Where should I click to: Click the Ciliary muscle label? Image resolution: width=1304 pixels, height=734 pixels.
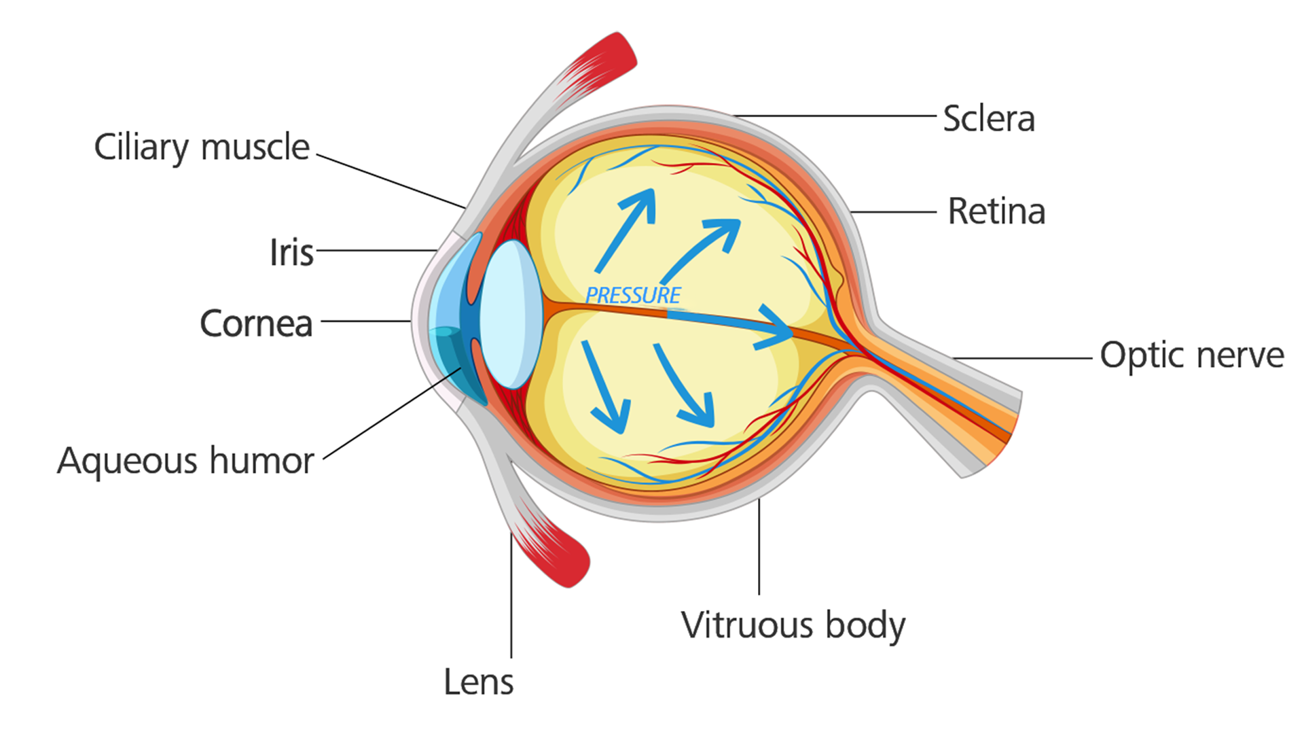(x=202, y=147)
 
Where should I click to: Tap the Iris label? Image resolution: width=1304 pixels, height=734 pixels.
(x=291, y=253)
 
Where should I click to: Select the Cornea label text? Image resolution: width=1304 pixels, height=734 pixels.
(x=256, y=324)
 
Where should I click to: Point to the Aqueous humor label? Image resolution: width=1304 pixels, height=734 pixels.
(x=185, y=461)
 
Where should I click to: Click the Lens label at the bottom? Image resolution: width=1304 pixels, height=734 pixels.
(x=478, y=682)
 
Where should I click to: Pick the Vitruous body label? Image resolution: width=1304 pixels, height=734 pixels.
(x=793, y=625)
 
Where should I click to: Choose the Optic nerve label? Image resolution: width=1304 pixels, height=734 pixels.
(x=1192, y=355)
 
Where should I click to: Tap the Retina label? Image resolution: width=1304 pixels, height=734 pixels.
(x=996, y=211)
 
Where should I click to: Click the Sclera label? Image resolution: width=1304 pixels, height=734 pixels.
(x=989, y=119)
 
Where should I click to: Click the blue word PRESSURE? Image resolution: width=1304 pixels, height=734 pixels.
(x=633, y=296)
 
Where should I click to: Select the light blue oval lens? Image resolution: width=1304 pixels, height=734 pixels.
(x=511, y=314)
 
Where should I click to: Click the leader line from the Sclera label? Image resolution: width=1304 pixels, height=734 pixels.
(x=835, y=116)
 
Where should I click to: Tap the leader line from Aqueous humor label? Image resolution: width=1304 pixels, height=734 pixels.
(x=391, y=414)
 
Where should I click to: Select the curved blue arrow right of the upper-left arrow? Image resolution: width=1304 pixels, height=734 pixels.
(x=703, y=248)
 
